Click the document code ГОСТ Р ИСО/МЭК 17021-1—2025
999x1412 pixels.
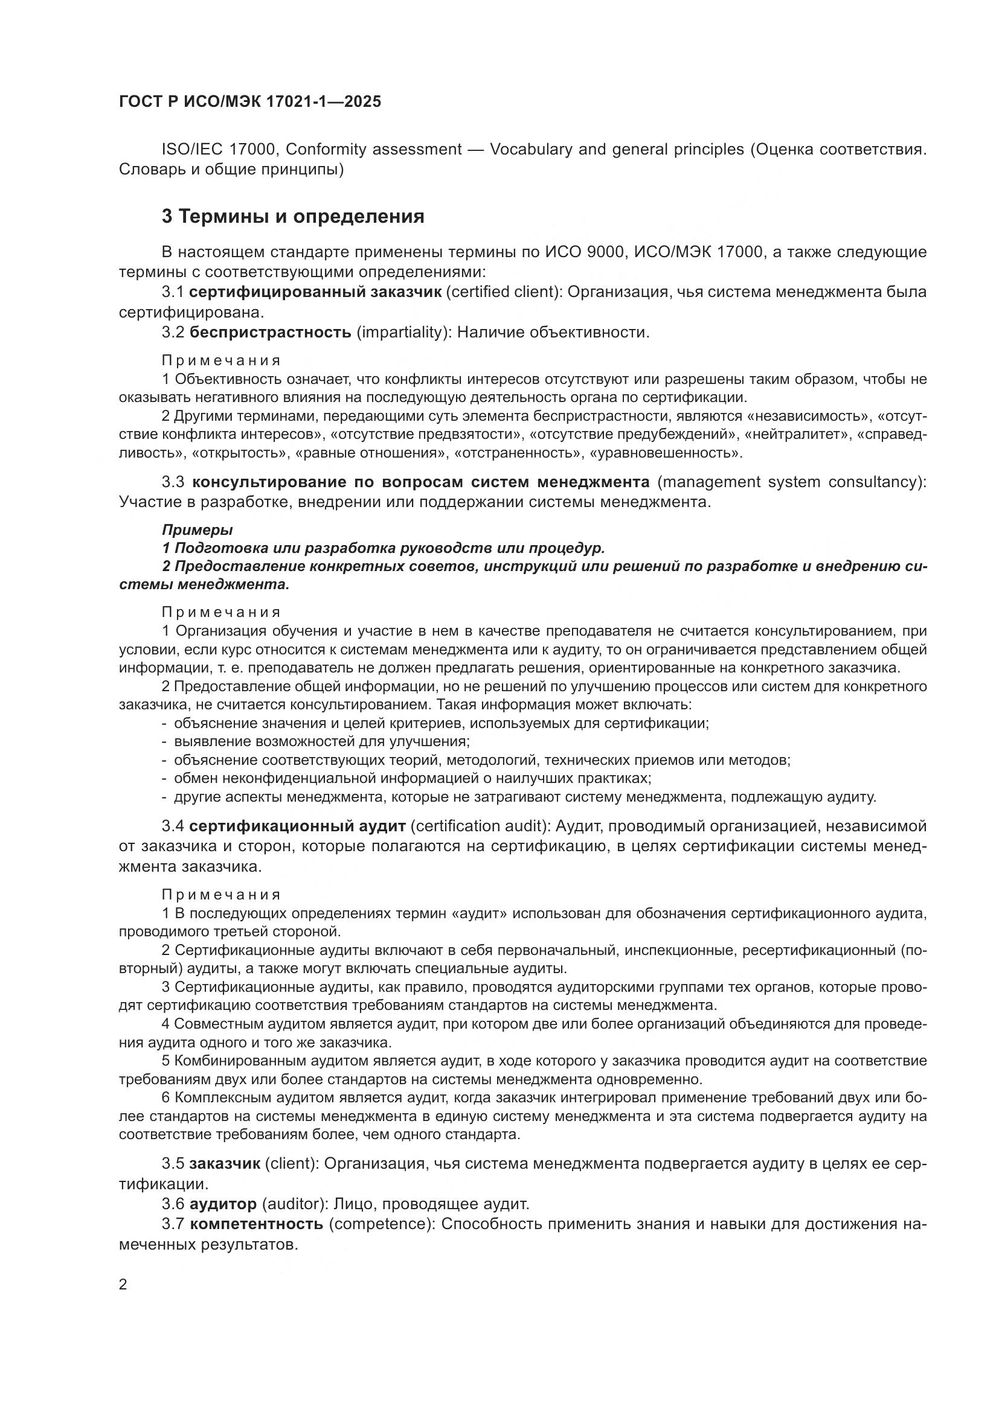click(250, 101)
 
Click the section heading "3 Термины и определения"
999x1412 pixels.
click(293, 217)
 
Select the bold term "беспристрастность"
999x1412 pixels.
click(270, 333)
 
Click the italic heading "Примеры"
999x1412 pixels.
click(198, 529)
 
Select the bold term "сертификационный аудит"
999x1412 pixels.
click(298, 825)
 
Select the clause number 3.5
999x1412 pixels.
click(173, 1163)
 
